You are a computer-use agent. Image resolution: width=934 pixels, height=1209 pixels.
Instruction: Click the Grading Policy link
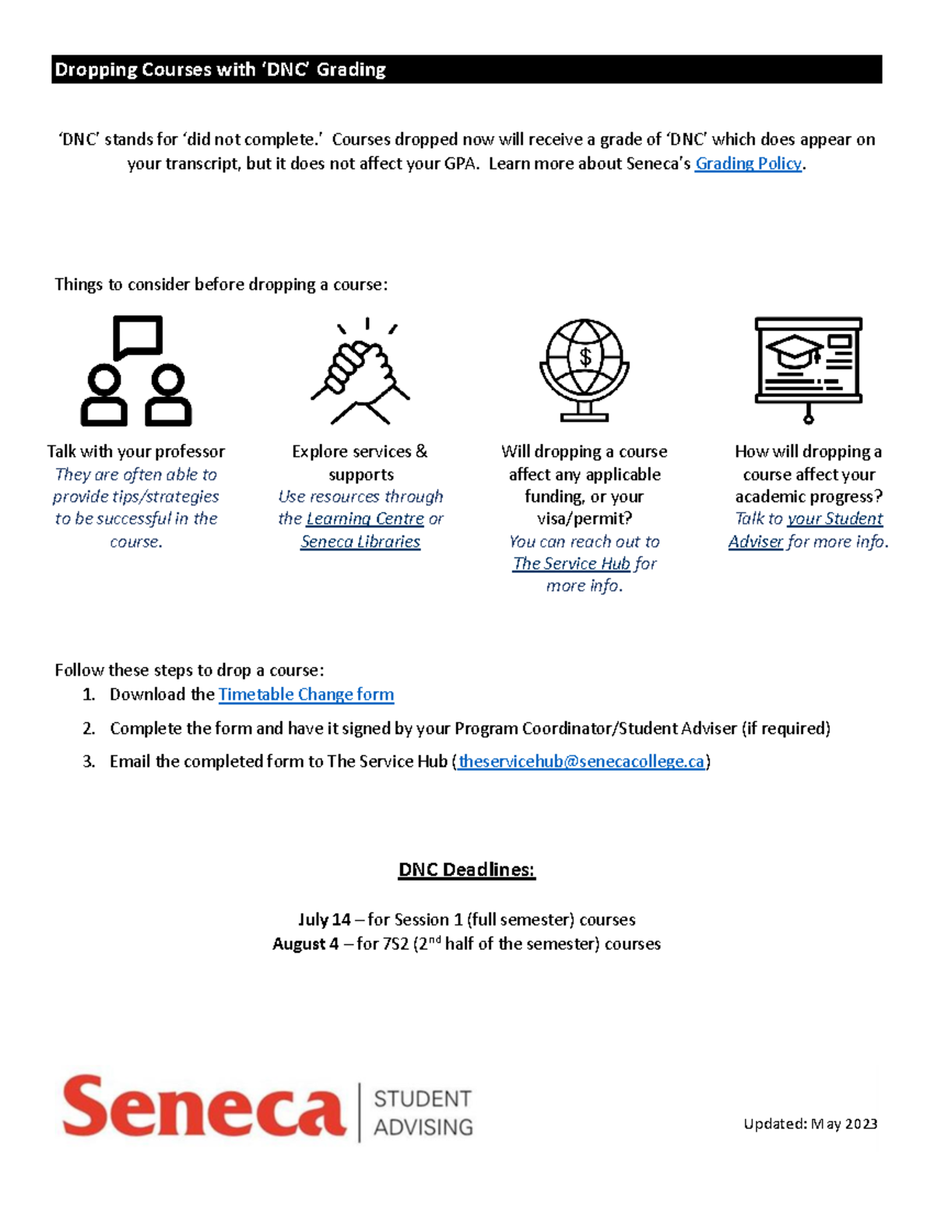(748, 163)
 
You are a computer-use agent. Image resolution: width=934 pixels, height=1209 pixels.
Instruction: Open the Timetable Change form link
(306, 694)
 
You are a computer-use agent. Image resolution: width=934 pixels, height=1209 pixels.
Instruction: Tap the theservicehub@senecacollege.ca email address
(581, 761)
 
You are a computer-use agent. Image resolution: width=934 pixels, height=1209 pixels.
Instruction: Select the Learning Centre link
(365, 518)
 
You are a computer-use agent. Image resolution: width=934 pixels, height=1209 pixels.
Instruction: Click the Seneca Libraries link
(360, 542)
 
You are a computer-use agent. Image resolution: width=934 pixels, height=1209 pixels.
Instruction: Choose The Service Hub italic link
(571, 564)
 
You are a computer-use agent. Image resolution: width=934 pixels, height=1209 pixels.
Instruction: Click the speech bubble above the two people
(138, 336)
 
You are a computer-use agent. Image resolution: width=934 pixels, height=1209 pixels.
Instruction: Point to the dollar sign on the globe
(585, 357)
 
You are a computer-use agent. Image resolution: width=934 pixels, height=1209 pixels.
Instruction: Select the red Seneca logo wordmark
(204, 1106)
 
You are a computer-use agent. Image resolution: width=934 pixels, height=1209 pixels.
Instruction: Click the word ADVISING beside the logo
(423, 1126)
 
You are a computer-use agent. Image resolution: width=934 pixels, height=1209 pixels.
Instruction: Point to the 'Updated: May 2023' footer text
(810, 1123)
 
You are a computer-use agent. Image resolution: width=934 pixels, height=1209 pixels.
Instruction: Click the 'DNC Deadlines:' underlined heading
(466, 870)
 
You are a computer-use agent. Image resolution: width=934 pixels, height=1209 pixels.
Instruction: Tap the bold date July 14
(324, 919)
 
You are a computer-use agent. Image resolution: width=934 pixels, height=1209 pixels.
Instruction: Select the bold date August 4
(305, 944)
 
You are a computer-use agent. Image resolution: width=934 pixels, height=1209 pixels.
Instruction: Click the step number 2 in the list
(89, 729)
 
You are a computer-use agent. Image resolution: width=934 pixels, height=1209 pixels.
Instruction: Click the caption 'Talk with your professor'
(135, 452)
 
